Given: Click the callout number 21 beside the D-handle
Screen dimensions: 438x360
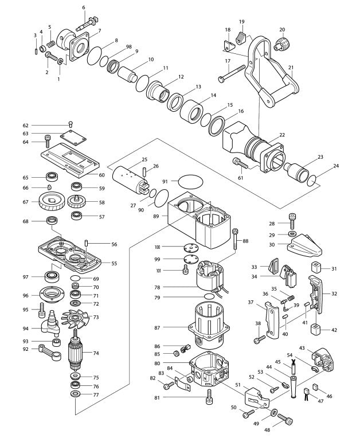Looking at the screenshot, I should (291, 68).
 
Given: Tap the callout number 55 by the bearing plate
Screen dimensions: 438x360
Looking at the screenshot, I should (114, 263).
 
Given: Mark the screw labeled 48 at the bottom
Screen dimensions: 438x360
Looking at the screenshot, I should (287, 423).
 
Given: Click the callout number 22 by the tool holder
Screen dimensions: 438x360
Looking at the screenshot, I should (282, 135).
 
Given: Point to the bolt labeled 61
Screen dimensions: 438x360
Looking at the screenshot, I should (240, 164).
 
